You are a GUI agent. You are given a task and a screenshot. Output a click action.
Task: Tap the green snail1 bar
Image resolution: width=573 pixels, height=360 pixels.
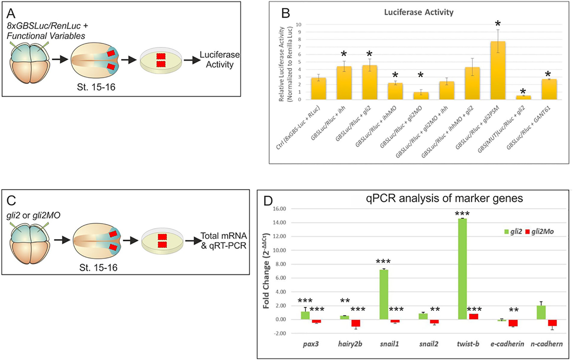(x=384, y=294)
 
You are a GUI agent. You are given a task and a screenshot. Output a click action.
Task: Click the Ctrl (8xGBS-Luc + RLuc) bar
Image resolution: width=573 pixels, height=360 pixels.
(x=319, y=88)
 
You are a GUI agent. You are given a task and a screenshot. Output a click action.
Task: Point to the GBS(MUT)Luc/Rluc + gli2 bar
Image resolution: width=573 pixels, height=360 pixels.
(x=523, y=97)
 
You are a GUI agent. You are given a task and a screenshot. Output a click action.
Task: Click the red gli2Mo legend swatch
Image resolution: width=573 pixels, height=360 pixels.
(x=528, y=232)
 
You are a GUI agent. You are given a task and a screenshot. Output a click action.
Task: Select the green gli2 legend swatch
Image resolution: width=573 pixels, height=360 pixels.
(x=507, y=232)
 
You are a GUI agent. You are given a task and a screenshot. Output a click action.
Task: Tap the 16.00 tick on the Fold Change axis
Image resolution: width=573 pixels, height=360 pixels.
(x=279, y=209)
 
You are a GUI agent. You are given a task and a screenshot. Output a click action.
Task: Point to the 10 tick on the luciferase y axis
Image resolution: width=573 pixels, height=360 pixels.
(x=298, y=24)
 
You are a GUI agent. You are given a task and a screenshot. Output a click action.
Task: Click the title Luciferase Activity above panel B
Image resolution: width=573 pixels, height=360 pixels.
(x=419, y=12)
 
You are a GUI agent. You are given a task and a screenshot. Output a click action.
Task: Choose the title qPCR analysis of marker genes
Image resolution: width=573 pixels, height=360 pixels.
(x=444, y=198)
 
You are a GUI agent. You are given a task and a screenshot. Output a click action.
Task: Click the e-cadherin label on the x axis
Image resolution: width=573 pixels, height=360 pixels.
(x=507, y=344)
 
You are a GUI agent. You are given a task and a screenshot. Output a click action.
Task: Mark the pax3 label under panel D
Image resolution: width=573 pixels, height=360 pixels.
(x=311, y=344)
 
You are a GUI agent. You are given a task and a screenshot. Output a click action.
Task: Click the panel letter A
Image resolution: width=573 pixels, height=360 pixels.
(x=11, y=14)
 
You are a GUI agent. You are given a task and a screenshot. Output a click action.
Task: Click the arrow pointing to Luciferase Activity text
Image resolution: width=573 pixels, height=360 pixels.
(x=192, y=60)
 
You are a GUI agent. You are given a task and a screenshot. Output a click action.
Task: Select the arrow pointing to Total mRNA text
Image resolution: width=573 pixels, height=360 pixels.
(x=193, y=241)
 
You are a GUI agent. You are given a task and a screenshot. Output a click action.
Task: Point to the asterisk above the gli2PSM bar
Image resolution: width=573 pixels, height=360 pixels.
(x=498, y=23)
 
